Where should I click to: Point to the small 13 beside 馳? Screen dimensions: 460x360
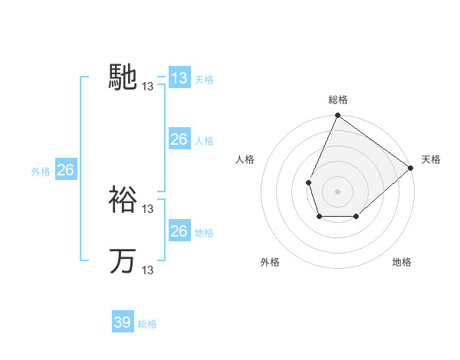148,87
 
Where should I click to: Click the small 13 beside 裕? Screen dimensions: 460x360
148,209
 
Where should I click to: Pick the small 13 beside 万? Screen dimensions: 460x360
148,270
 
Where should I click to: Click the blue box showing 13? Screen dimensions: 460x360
179,78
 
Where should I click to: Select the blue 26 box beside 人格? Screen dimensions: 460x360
179,139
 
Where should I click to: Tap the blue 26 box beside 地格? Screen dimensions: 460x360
179,231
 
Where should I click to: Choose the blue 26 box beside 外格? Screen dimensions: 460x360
65,170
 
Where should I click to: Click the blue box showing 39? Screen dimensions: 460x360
123,322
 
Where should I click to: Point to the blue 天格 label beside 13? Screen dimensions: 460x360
204,79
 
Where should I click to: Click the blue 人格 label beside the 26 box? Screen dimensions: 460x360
204,140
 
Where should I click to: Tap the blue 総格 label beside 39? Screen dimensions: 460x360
147,323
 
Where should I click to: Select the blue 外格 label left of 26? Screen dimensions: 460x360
41,172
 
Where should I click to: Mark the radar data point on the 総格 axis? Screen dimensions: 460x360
337,116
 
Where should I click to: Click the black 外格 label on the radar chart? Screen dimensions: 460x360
270,262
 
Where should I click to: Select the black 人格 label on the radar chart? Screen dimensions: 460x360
245,159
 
